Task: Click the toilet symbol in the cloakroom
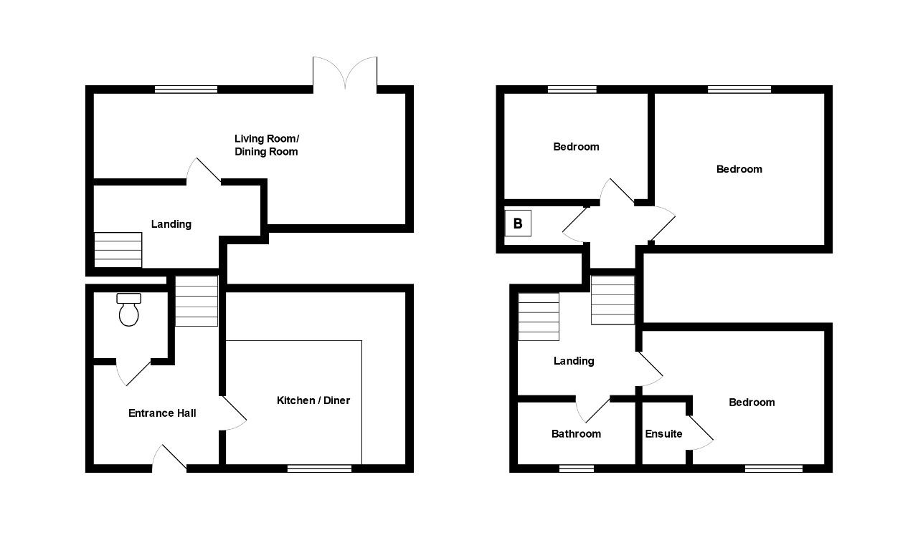point(129,309)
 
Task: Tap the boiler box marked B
point(518,223)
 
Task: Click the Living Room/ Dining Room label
point(266,145)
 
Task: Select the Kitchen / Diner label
point(313,400)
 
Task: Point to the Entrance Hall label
point(162,413)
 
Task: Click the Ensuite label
point(663,434)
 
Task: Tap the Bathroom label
point(576,434)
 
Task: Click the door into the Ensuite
point(701,433)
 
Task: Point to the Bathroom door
point(593,409)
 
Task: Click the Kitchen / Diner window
point(319,468)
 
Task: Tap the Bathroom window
point(577,468)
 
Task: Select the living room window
point(186,90)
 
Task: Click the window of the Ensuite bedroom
point(773,468)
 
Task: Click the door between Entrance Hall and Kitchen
point(233,413)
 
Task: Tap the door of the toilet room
point(133,372)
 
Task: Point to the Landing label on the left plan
point(171,224)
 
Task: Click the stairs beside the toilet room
point(197,302)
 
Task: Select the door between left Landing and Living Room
point(204,170)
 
